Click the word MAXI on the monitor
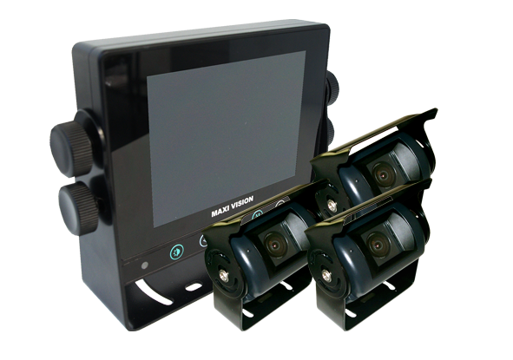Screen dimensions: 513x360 click(x=220, y=212)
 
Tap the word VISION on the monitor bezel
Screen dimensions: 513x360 click(x=242, y=203)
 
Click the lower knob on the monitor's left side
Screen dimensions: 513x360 click(x=78, y=208)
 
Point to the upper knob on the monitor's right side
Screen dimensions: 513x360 click(x=332, y=86)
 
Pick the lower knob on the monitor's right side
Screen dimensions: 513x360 click(x=330, y=133)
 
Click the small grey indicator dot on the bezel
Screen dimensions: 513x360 click(x=145, y=265)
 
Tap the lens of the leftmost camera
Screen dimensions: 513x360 click(x=275, y=244)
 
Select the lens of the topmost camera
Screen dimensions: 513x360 click(x=384, y=173)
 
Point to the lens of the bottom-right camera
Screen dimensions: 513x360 click(x=378, y=244)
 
